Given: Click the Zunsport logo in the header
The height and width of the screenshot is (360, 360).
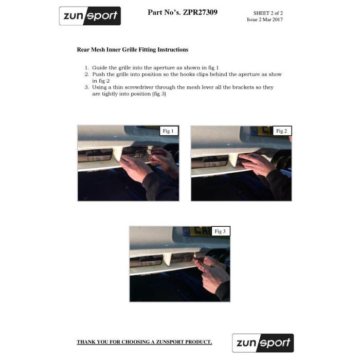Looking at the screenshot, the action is tap(90, 16).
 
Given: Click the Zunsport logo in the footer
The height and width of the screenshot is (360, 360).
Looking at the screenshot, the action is tap(263, 343).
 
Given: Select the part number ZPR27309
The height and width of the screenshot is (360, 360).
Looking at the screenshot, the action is tap(200, 12).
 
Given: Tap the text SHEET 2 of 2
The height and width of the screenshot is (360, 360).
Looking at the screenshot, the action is tap(268, 13).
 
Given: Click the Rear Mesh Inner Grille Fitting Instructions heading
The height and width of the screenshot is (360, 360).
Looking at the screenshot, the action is tap(133, 49).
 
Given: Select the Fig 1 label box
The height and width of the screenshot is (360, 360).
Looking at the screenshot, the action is tap(169, 131).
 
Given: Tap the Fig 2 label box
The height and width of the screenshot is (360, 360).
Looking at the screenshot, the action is tap(282, 131).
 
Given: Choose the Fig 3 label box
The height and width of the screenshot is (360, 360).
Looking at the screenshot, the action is tap(221, 231).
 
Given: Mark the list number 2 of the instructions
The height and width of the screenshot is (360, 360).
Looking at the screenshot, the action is tap(86, 75).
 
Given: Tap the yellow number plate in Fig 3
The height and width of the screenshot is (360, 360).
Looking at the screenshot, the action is tap(197, 231).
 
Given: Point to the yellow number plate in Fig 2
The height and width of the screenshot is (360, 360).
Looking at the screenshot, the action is tap(262, 131).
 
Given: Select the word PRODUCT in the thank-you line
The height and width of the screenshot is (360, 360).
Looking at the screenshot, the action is tap(199, 342).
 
